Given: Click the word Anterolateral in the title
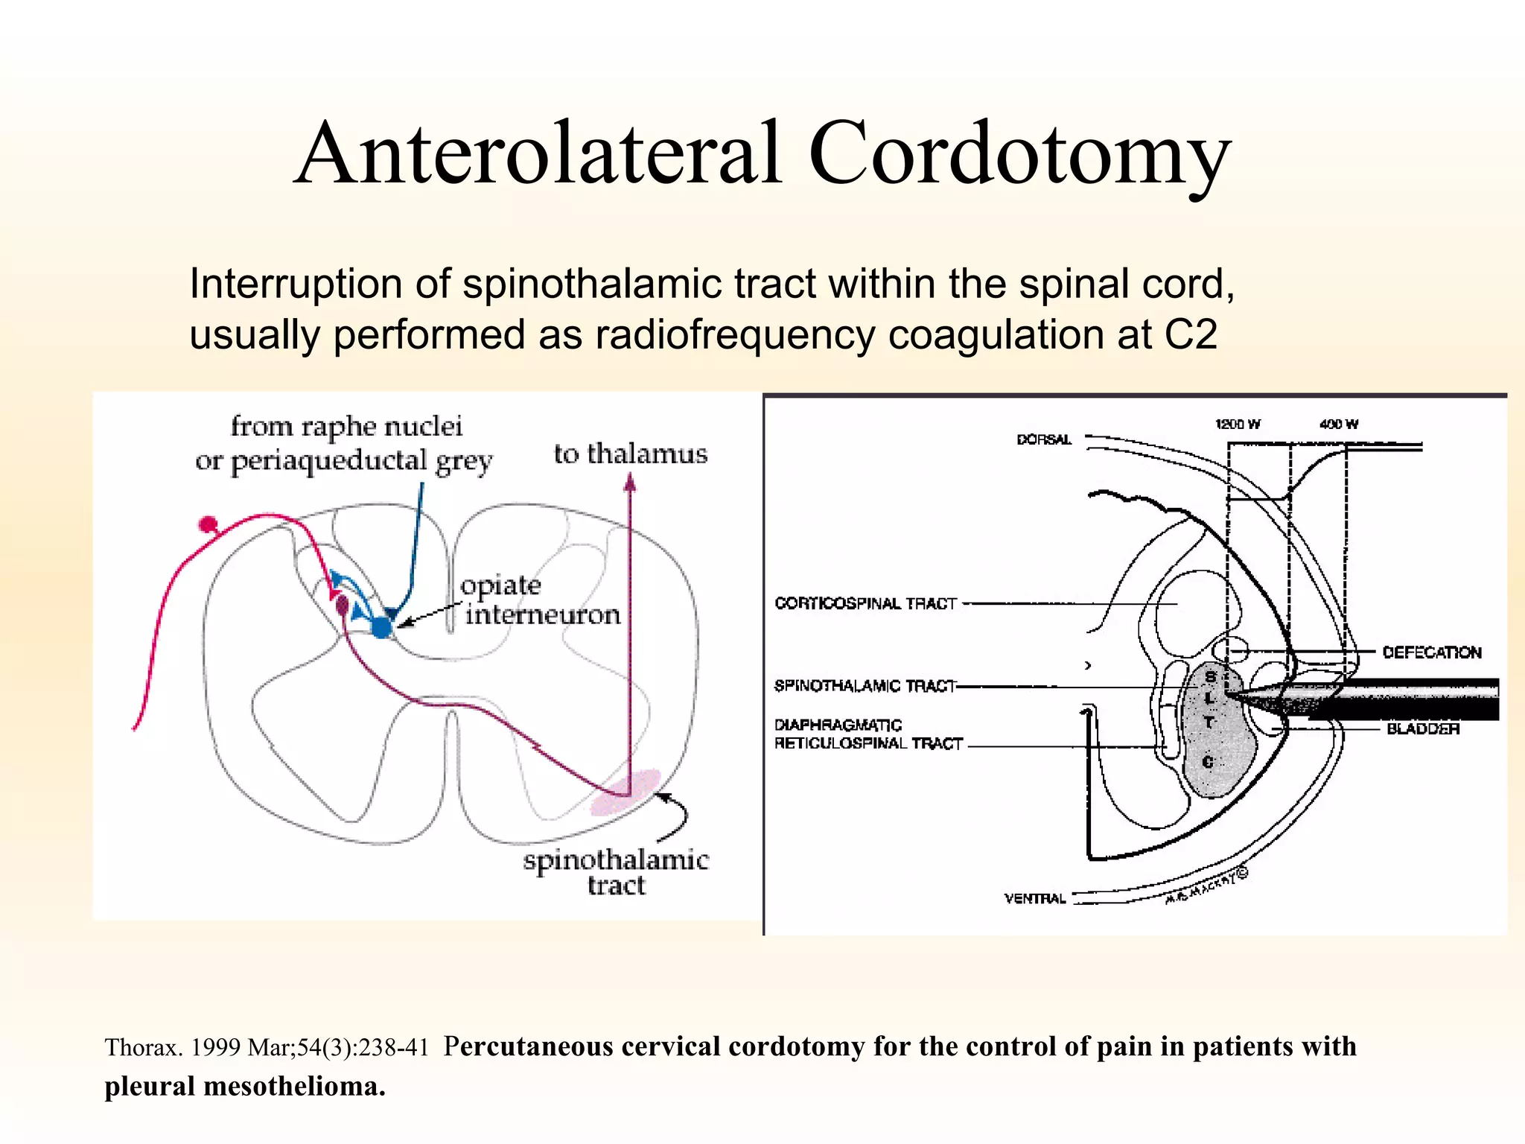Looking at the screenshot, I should pyautogui.click(x=538, y=153).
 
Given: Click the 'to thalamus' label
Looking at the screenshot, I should pyautogui.click(x=630, y=454).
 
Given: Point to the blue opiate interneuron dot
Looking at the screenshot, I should pyautogui.click(x=382, y=627).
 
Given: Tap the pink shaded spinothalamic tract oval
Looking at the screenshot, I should pyautogui.click(x=625, y=792).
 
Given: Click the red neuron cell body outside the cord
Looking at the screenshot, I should pyautogui.click(x=208, y=524).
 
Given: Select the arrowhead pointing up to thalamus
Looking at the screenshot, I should pyautogui.click(x=630, y=485).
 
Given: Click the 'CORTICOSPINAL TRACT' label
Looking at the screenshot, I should pyautogui.click(x=865, y=603).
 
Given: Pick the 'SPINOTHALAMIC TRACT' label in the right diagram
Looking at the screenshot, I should pyautogui.click(x=865, y=685).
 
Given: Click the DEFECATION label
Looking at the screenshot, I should pyautogui.click(x=1431, y=652).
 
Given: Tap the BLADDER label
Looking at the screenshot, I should pyautogui.click(x=1422, y=728).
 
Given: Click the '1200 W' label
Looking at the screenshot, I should pyautogui.click(x=1238, y=425).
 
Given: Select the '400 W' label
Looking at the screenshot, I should pyautogui.click(x=1338, y=425).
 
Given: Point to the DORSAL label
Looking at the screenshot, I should pyautogui.click(x=1044, y=439).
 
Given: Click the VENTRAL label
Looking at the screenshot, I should pyautogui.click(x=1035, y=898).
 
